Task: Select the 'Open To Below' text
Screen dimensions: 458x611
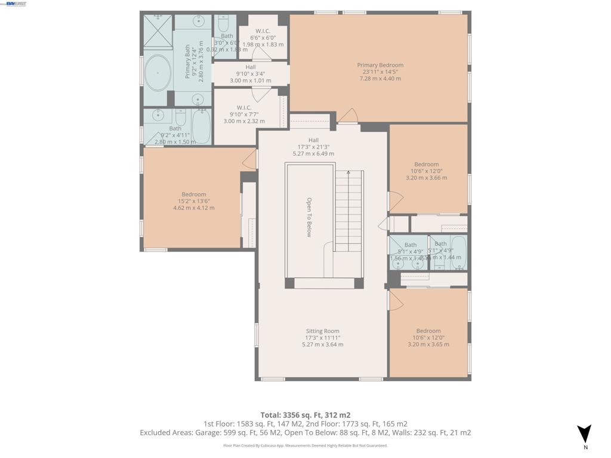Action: pyautogui.click(x=309, y=217)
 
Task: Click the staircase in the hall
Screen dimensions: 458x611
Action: pyautogui.click(x=348, y=212)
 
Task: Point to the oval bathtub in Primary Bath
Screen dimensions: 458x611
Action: pyautogui.click(x=158, y=73)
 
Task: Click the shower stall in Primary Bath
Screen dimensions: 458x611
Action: pyautogui.click(x=158, y=31)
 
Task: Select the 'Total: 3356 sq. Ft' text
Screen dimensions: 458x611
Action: pyautogui.click(x=305, y=415)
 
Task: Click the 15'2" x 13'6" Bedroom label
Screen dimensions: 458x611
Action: pyautogui.click(x=193, y=201)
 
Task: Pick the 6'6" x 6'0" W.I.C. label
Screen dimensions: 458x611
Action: pyautogui.click(x=263, y=38)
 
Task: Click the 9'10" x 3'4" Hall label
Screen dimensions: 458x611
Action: pyautogui.click(x=250, y=74)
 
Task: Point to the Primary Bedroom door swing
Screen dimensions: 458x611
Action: pyautogui.click(x=348, y=116)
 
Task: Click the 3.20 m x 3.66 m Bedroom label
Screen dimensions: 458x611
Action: pyautogui.click(x=426, y=171)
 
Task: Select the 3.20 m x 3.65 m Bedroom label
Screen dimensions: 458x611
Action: pyautogui.click(x=428, y=338)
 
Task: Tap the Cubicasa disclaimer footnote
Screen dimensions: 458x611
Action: pyautogui.click(x=305, y=445)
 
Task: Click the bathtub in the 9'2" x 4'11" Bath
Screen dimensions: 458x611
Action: pyautogui.click(x=201, y=126)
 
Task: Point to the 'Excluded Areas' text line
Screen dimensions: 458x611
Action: pyautogui.click(x=305, y=432)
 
